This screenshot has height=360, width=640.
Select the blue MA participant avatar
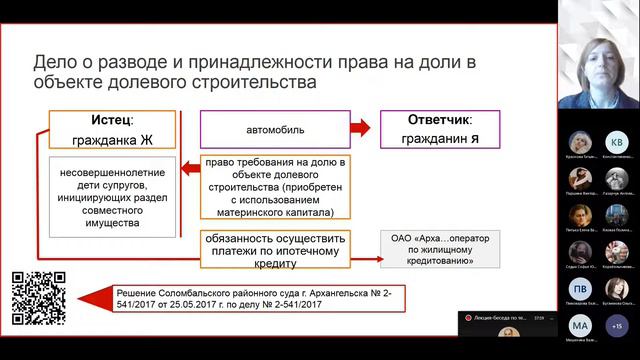(x=581, y=325)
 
